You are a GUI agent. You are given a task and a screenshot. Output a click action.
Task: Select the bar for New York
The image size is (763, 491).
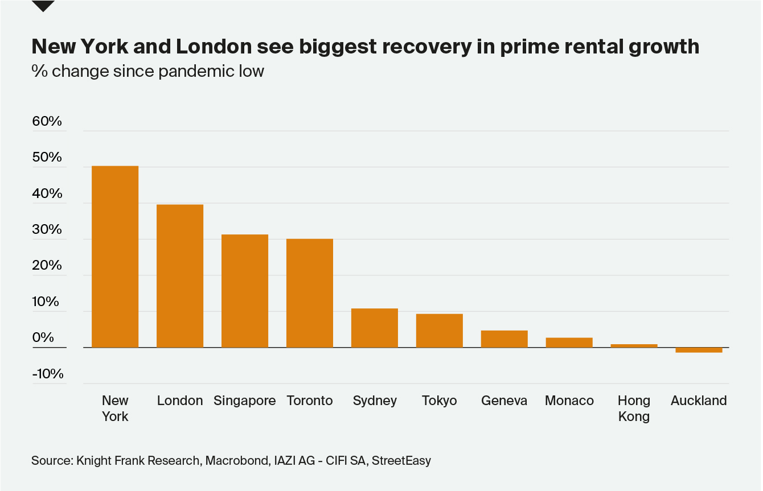coord(115,257)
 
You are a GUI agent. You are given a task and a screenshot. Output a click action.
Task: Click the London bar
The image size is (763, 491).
coord(180,276)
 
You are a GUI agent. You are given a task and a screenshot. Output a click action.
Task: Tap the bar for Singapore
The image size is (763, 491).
coord(245,291)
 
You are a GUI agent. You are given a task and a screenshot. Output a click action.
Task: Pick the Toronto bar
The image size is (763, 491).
coord(310,293)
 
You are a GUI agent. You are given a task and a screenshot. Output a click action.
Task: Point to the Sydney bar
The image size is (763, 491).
coord(375,328)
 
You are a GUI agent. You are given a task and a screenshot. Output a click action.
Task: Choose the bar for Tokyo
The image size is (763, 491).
coord(440,331)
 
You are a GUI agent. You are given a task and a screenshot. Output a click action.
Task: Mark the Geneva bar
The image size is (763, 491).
coord(504,339)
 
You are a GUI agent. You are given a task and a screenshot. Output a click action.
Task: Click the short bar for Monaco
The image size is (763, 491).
coord(569,343)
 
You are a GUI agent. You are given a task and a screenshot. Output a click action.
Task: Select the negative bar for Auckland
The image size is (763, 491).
coord(699,350)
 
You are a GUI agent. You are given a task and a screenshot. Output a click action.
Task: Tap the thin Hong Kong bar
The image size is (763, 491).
coord(634,345)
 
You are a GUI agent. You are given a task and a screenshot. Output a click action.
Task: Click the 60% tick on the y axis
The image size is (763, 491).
coord(47,121)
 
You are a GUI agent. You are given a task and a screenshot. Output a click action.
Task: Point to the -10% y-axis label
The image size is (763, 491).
coord(47,374)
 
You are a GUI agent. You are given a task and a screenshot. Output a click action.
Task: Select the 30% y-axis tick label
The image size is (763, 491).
coord(47,229)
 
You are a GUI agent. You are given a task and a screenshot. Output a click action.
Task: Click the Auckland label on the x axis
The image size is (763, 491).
coord(699,401)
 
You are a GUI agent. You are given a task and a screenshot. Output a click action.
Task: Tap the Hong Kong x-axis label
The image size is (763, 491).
coord(634,408)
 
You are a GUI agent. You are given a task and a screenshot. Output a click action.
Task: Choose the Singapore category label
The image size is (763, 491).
coord(245,401)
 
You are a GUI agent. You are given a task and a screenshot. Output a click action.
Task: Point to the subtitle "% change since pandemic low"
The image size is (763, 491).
coord(148,71)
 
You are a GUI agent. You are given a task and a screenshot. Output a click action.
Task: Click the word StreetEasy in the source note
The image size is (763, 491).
coord(401,460)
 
